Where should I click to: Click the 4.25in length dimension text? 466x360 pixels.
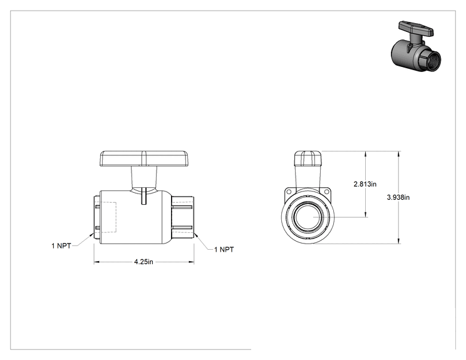pos(143,262)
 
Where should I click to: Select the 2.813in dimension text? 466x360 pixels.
pos(365,184)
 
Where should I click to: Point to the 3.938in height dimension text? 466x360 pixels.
pos(398,197)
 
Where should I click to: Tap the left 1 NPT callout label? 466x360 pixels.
pos(61,246)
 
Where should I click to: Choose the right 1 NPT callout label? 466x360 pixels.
pos(224,250)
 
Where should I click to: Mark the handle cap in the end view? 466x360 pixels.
pos(308,158)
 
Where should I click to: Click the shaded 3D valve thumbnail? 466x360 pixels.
pos(415,46)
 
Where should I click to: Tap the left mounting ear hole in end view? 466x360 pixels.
pos(288,192)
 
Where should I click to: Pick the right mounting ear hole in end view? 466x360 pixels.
pos(326,192)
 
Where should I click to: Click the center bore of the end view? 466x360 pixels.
pos(308,217)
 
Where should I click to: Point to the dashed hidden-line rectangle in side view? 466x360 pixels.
pos(108,217)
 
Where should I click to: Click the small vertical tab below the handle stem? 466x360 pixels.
pos(144,196)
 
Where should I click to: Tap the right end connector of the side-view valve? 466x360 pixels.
pos(183,217)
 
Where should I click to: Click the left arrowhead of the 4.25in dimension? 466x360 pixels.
pos(96,262)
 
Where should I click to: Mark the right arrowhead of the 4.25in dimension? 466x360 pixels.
pos(192,262)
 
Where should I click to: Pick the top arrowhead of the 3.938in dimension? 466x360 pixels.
pos(398,153)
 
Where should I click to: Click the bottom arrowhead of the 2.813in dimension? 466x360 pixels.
pos(366,215)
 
